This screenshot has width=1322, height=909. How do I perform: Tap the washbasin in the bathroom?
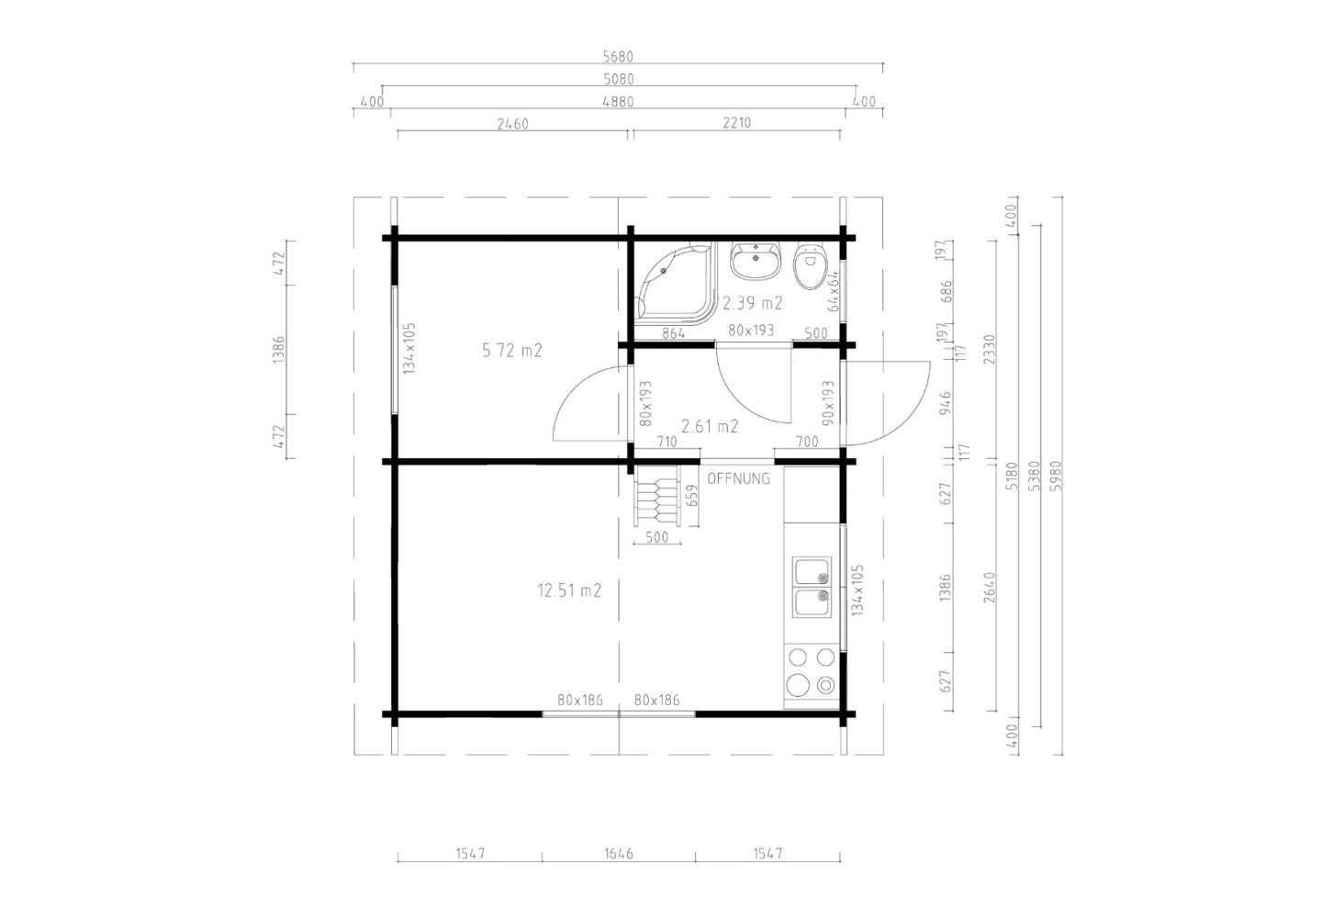756,261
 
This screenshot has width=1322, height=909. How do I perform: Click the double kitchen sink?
812,587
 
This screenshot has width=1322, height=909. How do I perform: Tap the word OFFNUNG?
738,478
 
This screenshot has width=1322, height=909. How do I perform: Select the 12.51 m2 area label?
569,590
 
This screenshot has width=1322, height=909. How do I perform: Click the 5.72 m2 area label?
511,351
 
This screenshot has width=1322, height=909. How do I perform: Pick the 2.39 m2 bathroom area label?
753,303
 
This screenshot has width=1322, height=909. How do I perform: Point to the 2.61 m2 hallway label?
710,426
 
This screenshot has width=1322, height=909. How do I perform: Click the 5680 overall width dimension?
618,57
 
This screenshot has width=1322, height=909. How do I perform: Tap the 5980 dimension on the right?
1056,476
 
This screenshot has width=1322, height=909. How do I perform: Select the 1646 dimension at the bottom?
619,854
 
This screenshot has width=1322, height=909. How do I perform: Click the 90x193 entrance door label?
828,403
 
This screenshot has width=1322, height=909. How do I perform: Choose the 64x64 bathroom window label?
833,292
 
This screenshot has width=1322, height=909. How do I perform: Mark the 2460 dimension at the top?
513,124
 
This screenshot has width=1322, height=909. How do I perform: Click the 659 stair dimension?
693,495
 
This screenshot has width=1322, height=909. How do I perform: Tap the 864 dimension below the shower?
674,333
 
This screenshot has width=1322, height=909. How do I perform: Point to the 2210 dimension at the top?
736,123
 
